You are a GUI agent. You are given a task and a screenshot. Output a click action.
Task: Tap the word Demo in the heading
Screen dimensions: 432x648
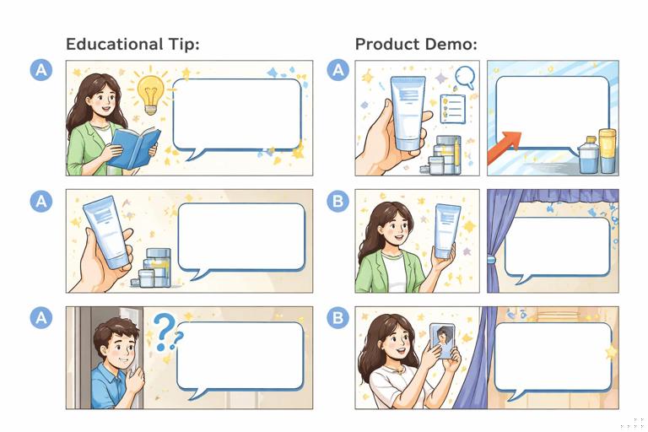pyautogui.click(x=447, y=45)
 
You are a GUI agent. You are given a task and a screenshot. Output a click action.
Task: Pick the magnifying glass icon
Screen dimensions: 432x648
pyautogui.click(x=464, y=78)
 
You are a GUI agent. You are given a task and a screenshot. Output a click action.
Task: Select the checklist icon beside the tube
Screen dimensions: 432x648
pyautogui.click(x=453, y=109)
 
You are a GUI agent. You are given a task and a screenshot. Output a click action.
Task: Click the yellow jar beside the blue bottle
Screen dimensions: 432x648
pyautogui.click(x=607, y=151)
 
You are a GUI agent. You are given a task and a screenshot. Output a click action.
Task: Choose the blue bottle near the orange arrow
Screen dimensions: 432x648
pyautogui.click(x=589, y=156)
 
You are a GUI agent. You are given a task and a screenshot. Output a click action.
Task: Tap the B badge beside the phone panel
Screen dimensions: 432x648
pyautogui.click(x=337, y=318)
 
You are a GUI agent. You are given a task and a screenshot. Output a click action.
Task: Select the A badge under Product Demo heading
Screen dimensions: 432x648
pyautogui.click(x=337, y=71)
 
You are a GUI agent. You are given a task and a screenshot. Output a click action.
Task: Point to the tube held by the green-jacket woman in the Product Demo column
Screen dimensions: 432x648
pyautogui.click(x=446, y=230)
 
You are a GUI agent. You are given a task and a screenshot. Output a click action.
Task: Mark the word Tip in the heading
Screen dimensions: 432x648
pyautogui.click(x=185, y=45)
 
